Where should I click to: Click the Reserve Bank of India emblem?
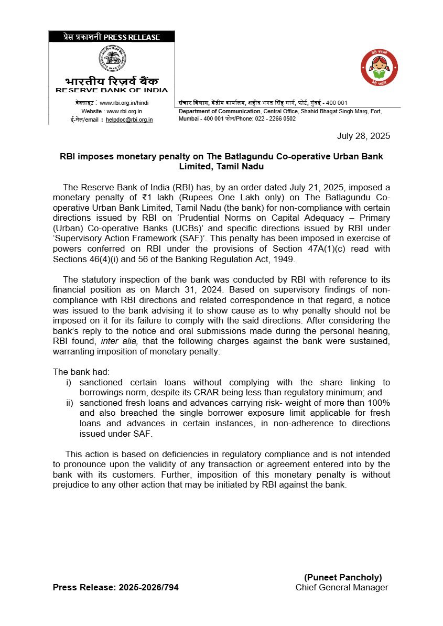coord(112,59)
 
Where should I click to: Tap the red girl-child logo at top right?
coord(379,67)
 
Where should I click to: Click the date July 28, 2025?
coord(363,136)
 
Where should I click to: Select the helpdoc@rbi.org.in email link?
coord(129,120)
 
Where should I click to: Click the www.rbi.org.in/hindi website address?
coord(124,103)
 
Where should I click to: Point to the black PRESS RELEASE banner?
coord(112,37)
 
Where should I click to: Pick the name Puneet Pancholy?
coord(343,577)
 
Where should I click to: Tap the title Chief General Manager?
coord(342,587)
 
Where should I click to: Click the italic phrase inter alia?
coord(117,341)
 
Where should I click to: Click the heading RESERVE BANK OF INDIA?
coord(112,90)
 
